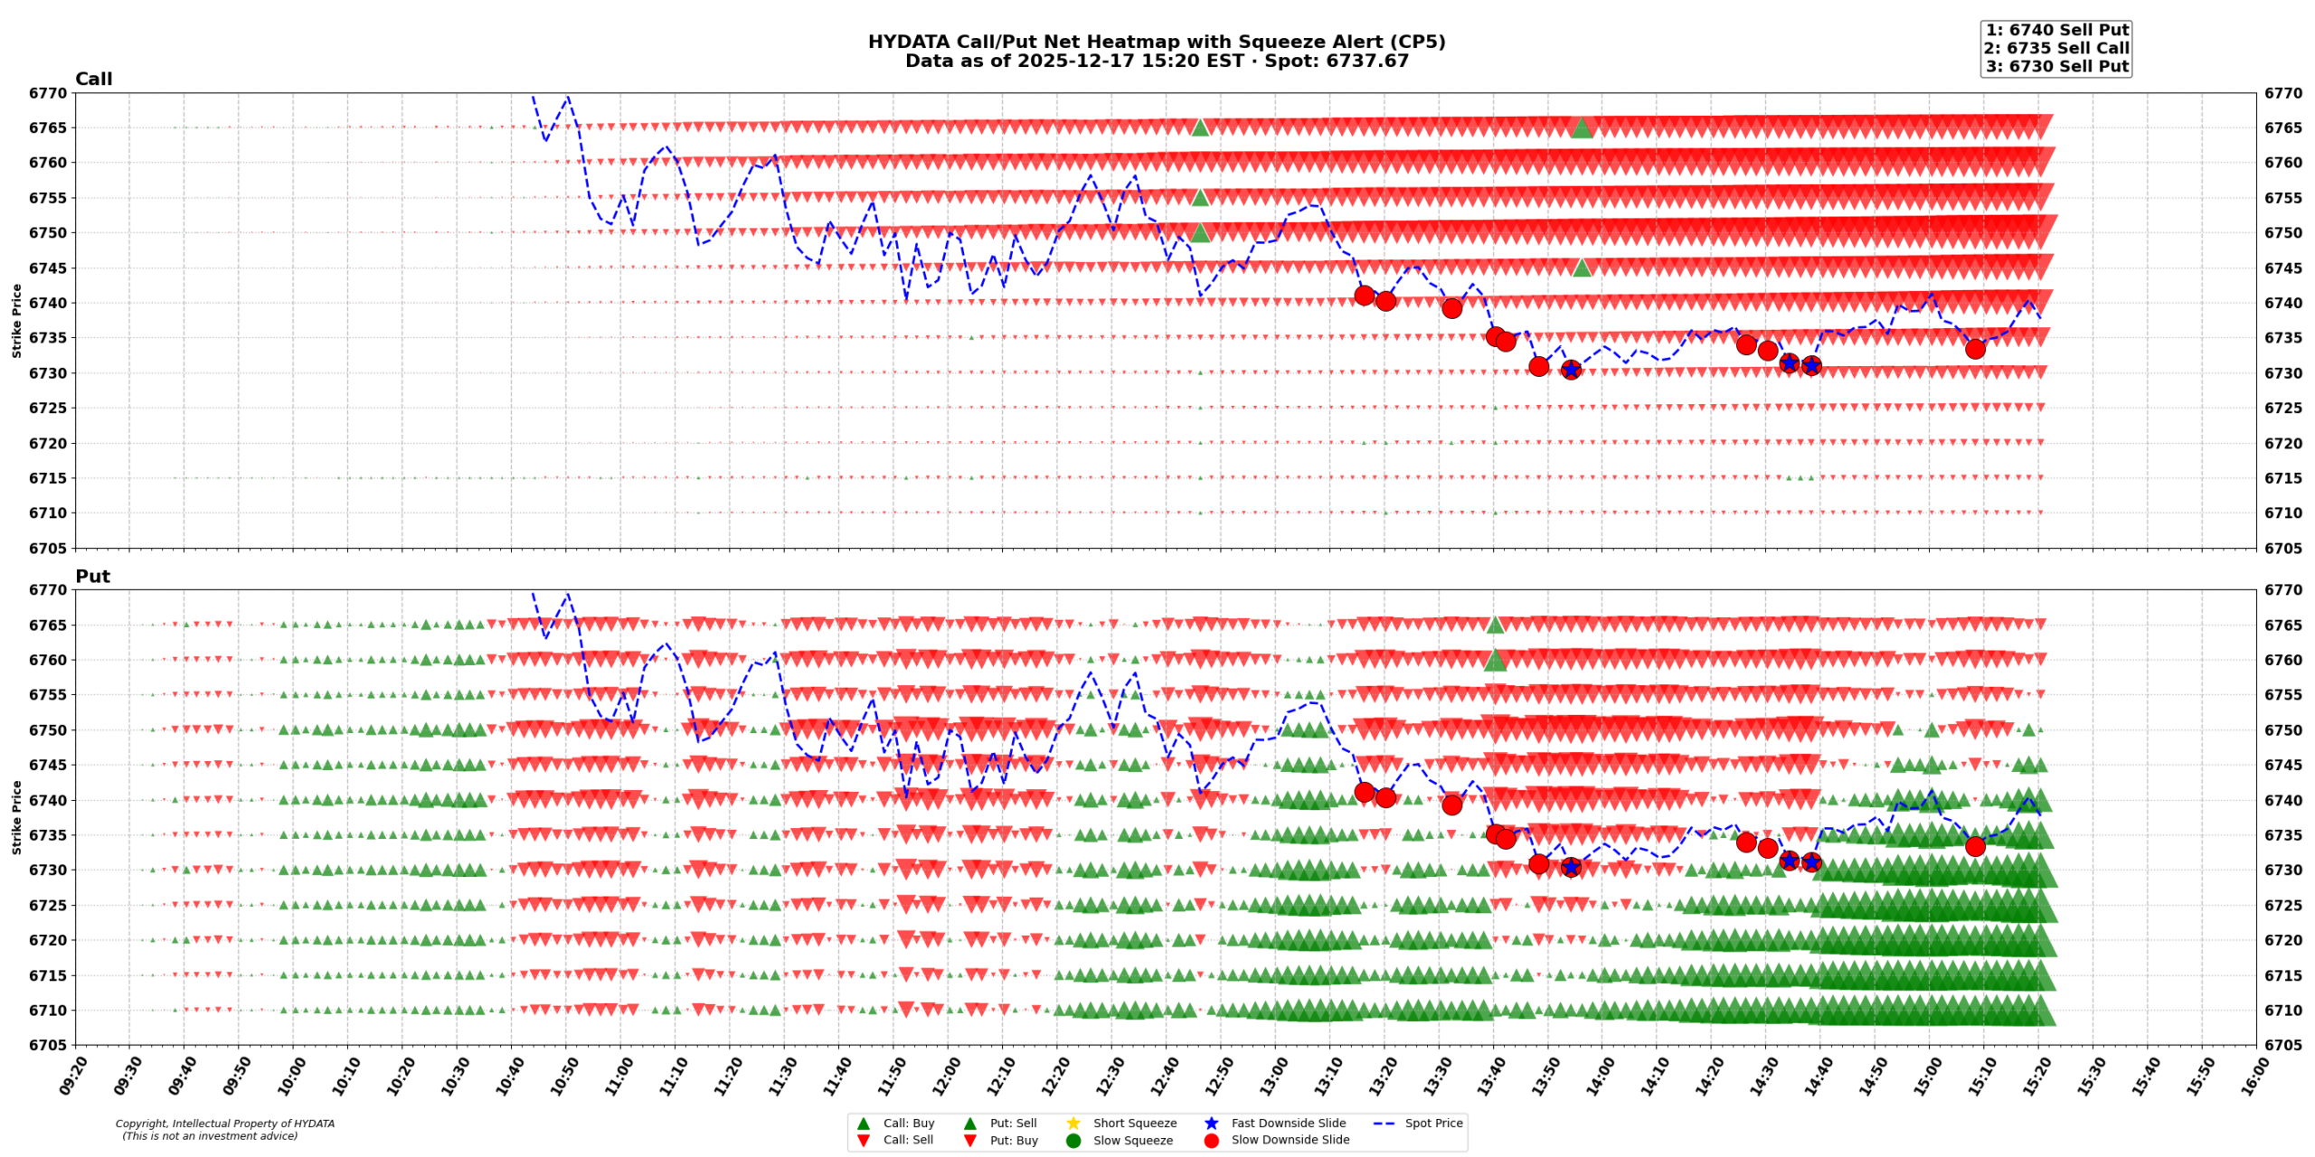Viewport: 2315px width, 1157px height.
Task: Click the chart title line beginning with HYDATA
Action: pyautogui.click(x=1156, y=42)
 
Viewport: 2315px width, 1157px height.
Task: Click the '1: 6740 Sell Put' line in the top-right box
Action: pyautogui.click(x=2056, y=30)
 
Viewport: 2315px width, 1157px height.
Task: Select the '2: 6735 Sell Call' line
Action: pyautogui.click(x=2056, y=48)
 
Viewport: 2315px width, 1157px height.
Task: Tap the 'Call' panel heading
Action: pyautogui.click(x=93, y=80)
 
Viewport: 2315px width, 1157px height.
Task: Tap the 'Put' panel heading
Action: pyautogui.click(x=92, y=577)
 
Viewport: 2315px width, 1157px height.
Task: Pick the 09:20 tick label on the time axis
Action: pyautogui.click(x=73, y=1077)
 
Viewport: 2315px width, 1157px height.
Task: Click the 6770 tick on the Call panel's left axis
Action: pyautogui.click(x=47, y=93)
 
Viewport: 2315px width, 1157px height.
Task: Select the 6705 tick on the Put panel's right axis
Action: pyautogui.click(x=2282, y=1046)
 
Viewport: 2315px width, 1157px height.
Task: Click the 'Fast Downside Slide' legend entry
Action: pyautogui.click(x=1288, y=1124)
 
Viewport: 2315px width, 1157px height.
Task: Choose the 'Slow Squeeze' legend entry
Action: pyautogui.click(x=1132, y=1141)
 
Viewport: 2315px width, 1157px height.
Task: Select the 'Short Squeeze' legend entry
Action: pyautogui.click(x=1134, y=1124)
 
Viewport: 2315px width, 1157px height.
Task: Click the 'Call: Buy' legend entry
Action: pyautogui.click(x=908, y=1124)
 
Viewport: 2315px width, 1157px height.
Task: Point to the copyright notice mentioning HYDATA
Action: pyautogui.click(x=224, y=1130)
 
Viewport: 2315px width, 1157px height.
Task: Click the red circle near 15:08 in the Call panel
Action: pyautogui.click(x=1975, y=349)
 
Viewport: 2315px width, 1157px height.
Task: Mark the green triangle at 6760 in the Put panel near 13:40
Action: pyautogui.click(x=1495, y=661)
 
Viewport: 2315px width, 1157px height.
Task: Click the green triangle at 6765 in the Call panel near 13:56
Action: pyautogui.click(x=1581, y=127)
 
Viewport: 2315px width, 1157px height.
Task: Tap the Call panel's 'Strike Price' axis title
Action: pyautogui.click(x=16, y=321)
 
